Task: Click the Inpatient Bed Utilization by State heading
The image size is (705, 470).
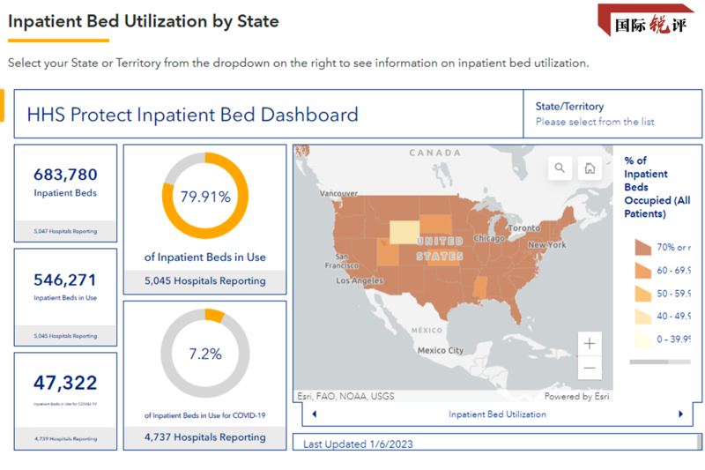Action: [144, 21]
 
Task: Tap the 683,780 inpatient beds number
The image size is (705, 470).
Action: [65, 175]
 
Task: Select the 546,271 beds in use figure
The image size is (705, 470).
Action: [65, 280]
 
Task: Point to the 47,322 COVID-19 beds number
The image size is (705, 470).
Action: [65, 383]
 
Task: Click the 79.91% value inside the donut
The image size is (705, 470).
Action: [205, 197]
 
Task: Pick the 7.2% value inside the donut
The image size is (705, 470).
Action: [205, 354]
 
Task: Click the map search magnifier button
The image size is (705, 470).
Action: [560, 168]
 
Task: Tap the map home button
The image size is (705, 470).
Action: [590, 168]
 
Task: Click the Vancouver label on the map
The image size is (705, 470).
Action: [338, 193]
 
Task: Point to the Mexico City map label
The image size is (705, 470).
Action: [441, 350]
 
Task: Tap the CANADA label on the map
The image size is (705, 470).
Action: [434, 153]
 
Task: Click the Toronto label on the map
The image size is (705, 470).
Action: [523, 228]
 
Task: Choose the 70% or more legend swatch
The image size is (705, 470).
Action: [641, 247]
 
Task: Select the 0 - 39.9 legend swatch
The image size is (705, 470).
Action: [641, 339]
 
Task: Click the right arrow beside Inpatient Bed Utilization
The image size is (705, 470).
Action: [680, 414]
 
